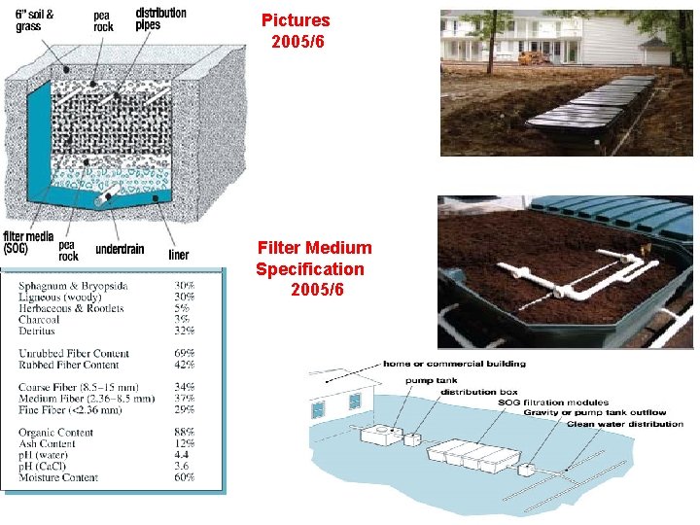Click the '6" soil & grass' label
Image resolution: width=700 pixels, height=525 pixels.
(35, 19)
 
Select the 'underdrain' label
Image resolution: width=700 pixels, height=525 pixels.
(120, 250)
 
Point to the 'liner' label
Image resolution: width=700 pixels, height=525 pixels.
(179, 255)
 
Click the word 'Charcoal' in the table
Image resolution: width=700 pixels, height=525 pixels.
(40, 320)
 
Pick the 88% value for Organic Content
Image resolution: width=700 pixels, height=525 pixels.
(184, 433)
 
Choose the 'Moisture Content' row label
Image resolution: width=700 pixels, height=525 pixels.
(58, 477)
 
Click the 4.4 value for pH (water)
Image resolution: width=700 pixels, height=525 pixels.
(182, 455)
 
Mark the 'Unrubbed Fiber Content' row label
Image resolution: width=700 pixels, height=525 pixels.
(74, 354)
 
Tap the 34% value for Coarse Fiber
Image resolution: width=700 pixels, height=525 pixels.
(184, 387)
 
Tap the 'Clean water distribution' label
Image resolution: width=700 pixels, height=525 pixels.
(624, 424)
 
